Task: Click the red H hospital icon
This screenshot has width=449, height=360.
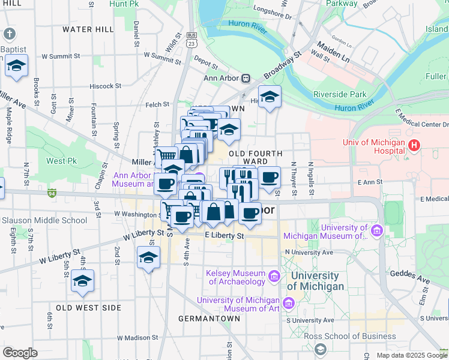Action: coord(414,145)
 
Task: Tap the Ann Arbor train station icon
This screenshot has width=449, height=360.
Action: coord(246,78)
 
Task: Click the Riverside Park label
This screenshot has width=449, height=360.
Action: coord(339,94)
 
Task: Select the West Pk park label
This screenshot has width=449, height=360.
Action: coord(62,161)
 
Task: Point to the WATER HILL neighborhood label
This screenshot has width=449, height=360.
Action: coord(88,29)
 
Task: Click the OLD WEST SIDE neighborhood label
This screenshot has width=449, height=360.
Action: coord(88,308)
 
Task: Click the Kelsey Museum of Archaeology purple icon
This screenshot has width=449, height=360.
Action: coord(274,276)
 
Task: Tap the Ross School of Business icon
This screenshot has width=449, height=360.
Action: coord(321,349)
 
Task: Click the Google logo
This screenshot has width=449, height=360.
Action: coord(20,353)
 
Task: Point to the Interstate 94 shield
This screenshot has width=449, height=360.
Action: coord(53,193)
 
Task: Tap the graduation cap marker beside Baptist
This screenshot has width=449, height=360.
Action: coord(16,65)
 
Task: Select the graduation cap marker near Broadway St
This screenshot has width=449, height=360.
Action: coord(270,97)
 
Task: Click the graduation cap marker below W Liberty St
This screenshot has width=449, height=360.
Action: coord(148,257)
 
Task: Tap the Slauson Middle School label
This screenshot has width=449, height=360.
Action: coord(44,220)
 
